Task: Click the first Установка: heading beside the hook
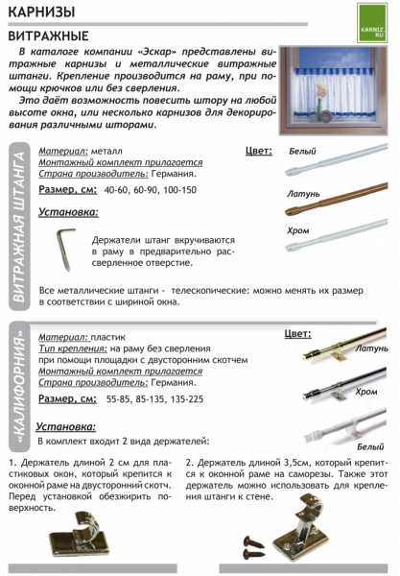68,211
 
